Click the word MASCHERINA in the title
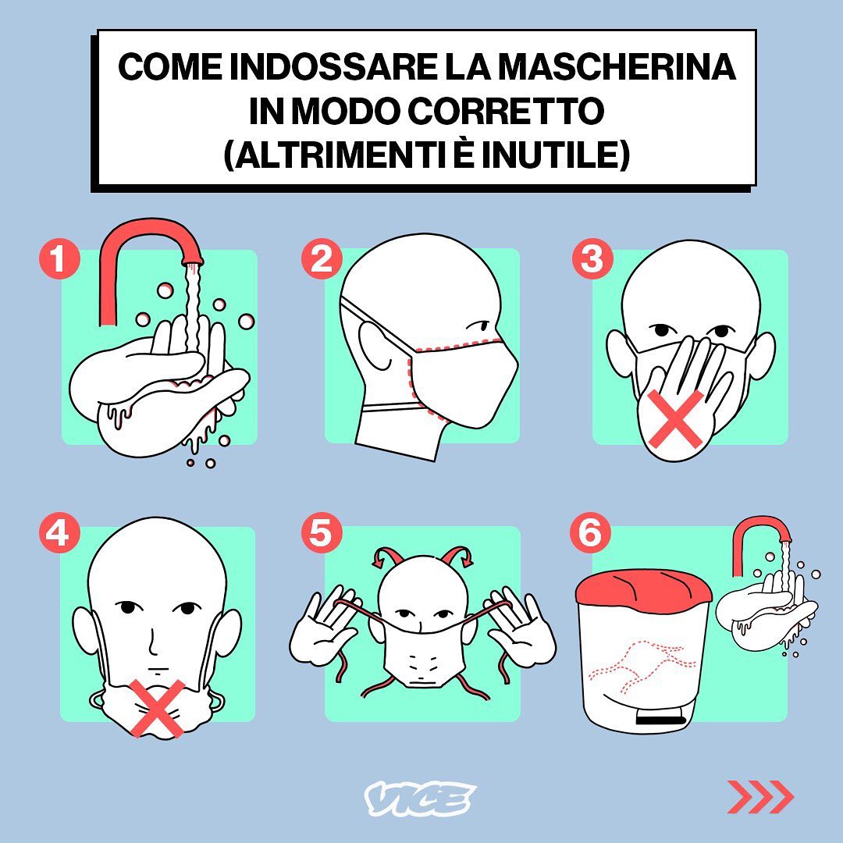617,66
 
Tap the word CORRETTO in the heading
506,111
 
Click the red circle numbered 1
59,258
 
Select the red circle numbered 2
322,258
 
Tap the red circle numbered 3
592,258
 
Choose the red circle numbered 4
59,533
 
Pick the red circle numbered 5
322,533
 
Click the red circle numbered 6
590,533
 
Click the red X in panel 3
675,419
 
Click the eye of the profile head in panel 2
479,326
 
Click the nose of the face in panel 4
153,640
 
